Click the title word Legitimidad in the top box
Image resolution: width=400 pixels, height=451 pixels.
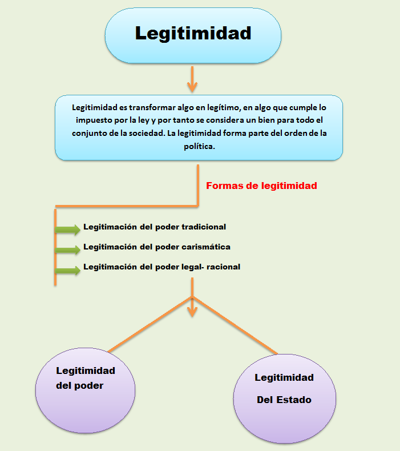[193, 33]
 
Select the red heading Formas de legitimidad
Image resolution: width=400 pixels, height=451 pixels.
[261, 186]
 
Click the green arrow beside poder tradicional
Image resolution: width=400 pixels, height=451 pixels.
[68, 229]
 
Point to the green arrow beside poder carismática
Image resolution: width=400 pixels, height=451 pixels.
[68, 249]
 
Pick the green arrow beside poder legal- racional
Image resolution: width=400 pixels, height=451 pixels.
[68, 270]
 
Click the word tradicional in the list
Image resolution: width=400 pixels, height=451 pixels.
[204, 227]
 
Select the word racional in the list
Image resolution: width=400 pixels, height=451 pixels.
[221, 267]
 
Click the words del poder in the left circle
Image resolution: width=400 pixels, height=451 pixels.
[80, 385]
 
